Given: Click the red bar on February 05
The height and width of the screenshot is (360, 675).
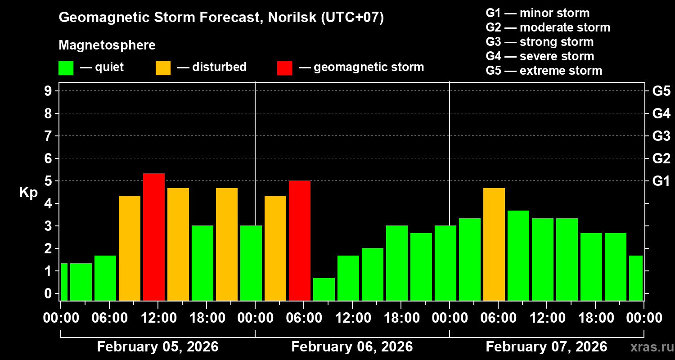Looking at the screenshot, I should point(154,237).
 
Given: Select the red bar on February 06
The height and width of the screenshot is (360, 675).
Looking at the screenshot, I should point(300,240).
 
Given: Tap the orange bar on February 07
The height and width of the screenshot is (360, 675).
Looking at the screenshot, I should point(494,244).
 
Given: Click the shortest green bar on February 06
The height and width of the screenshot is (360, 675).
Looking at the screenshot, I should point(324,289).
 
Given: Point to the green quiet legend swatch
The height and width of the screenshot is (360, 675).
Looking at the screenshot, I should point(66,67).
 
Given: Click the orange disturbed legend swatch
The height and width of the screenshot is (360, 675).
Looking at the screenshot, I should point(163,67).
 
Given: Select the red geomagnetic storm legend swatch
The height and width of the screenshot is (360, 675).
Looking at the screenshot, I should point(284,67).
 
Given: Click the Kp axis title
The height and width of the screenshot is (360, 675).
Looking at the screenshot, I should point(28,193).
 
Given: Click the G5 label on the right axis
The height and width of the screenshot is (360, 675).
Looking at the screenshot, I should point(661,91).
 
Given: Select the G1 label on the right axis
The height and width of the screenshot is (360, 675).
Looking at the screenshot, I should point(661,181).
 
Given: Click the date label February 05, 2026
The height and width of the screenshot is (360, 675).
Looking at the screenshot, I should point(157,347).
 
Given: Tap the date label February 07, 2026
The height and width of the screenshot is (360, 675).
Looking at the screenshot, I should point(546,347).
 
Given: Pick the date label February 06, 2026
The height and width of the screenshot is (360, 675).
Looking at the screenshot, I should point(352,347).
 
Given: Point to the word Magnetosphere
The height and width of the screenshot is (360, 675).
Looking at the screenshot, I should point(107,45).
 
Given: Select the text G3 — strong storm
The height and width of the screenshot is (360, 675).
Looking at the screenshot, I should point(540,42).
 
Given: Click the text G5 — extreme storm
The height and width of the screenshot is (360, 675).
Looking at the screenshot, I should point(544,71).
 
